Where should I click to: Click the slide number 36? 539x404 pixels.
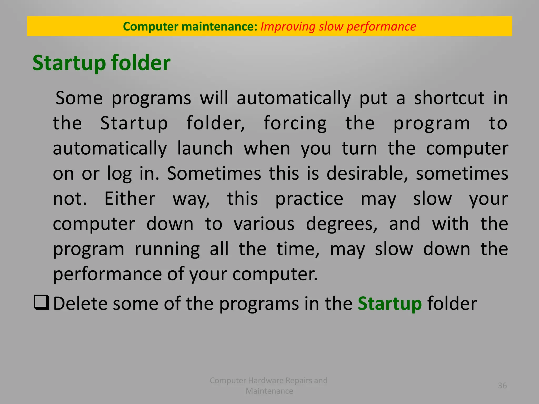pos(502,386)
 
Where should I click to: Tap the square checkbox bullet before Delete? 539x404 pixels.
pos(42,303)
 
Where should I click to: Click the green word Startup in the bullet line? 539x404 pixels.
pos(390,304)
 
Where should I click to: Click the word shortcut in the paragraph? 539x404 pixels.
pos(449,98)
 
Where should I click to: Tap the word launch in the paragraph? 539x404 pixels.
pos(205,148)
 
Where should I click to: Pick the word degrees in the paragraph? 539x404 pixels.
pos(342,224)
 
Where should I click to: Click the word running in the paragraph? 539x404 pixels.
pos(167,249)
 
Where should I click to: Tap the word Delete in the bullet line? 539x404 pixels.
pos(80,304)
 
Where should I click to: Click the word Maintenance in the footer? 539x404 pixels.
pos(269,391)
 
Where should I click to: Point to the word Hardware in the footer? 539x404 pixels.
pos(266,380)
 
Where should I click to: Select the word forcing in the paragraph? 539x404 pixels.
pos(295,124)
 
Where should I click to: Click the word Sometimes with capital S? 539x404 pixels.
pos(214,173)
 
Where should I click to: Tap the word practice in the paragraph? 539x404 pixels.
pos(309,199)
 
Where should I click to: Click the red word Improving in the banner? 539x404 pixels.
pos(288,27)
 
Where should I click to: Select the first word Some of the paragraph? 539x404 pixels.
pos(79,98)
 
